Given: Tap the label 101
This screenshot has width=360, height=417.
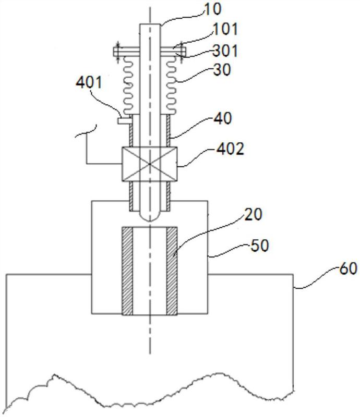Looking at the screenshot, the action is tap(225, 29).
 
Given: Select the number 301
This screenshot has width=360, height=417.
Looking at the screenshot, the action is tap(225, 51).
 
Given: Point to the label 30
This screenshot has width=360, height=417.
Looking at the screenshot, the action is tap(222, 70).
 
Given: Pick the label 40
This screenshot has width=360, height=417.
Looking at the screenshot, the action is tap(223, 118).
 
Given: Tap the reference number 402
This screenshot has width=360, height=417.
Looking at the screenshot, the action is tap(230, 149).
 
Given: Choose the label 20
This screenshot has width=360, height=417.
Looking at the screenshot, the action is tap(253, 214).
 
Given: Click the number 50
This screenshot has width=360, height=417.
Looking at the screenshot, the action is tap(260, 245).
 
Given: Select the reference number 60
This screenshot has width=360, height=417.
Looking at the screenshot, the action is tap(347, 268).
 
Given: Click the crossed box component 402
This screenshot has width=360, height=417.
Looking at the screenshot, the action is tap(150, 164).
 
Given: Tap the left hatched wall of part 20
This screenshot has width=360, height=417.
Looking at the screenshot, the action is tap(127, 271).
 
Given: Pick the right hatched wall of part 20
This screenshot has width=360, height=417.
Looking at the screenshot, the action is tap(172, 271).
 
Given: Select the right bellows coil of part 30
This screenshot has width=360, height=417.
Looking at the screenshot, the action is tap(171, 85).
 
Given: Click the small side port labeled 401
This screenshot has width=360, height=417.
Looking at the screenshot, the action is tap(123, 121).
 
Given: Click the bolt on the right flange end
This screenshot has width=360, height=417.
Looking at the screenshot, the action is tap(182, 52).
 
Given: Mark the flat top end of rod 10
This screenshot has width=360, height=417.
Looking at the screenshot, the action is tap(150, 24).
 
